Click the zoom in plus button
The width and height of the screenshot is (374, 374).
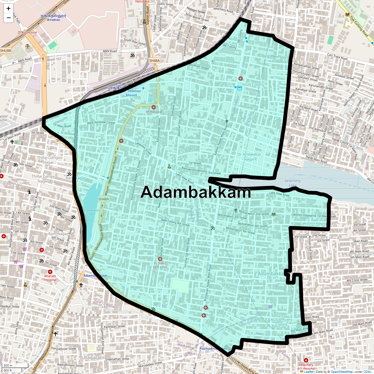click(8, 9)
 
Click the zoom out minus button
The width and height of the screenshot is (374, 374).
click(8, 18)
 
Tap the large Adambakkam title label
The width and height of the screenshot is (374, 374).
click(196, 192)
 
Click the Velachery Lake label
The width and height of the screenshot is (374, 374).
click(292, 183)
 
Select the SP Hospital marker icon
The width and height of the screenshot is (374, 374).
click(153, 107)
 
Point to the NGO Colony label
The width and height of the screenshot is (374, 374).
click(253, 85)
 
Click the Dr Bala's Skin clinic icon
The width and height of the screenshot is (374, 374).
click(161, 259)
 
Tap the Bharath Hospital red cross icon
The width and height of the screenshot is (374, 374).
click(50, 272)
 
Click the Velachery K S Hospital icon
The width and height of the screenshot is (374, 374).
click(306, 360)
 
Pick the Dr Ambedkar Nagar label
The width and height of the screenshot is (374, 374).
click(249, 157)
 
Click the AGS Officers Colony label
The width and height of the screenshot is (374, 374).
click(281, 322)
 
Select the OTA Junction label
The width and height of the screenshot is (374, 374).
click(27, 32)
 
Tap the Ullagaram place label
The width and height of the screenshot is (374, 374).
click(93, 358)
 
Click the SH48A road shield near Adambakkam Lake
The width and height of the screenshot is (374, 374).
click(103, 199)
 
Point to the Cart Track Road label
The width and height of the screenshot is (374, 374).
click(337, 57)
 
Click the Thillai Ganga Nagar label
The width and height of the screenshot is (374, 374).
click(48, 160)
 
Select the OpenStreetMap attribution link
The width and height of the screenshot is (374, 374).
click(342, 372)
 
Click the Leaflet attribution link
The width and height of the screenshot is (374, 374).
click(309, 372)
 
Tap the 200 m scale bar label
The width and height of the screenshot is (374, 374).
click(8, 366)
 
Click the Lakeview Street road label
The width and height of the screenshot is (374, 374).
click(143, 148)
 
